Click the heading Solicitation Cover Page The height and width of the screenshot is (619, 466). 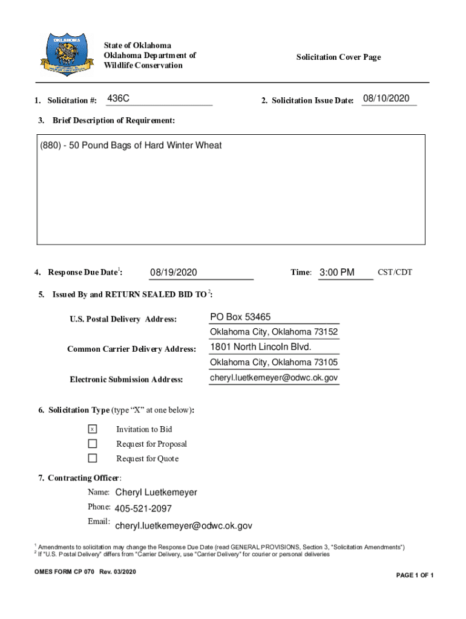338,57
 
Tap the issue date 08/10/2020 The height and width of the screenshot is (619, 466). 387,99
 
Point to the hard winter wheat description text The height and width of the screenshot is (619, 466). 131,145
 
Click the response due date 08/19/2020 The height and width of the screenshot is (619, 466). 174,273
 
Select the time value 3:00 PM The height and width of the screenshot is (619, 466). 336,273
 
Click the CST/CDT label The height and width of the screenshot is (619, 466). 395,272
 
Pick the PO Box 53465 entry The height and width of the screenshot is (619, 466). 240,317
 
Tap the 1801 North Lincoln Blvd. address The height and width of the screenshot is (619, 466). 261,347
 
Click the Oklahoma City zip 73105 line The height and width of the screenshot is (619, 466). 274,363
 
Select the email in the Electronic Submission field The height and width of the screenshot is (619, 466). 274,378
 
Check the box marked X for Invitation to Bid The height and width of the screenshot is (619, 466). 93,429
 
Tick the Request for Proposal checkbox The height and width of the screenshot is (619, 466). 93,444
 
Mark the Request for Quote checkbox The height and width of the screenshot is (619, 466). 93,458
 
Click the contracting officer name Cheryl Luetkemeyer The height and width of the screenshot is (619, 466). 156,493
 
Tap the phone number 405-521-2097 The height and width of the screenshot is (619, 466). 143,509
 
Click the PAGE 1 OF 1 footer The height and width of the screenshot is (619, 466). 415,575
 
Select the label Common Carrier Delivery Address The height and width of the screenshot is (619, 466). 131,349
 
